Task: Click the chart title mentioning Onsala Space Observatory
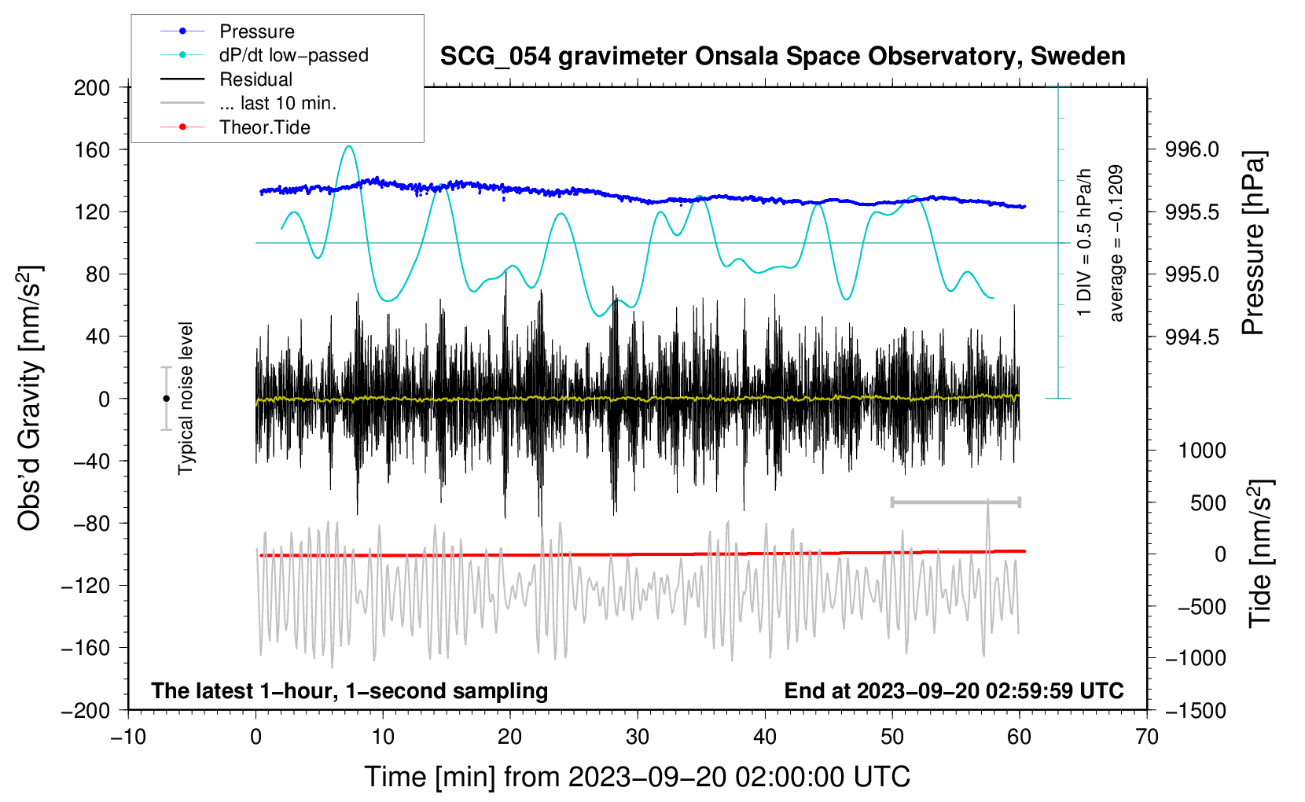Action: [x=782, y=57]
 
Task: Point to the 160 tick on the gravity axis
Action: [x=92, y=149]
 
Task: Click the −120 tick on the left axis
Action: [x=86, y=586]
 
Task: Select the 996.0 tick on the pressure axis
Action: [x=1192, y=149]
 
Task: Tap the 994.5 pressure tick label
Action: [x=1192, y=337]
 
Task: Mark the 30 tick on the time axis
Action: [x=638, y=737]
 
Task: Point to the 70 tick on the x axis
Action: [x=1147, y=737]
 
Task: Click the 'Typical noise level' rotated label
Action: [x=186, y=398]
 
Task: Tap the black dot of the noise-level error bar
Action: [x=166, y=399]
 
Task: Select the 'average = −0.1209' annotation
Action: [x=1116, y=243]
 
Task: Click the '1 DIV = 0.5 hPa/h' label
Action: [x=1085, y=243]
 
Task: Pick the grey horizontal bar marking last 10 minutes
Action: [x=955, y=502]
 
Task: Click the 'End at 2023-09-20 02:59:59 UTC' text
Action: [x=954, y=690]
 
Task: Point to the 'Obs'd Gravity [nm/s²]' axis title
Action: [x=29, y=398]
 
